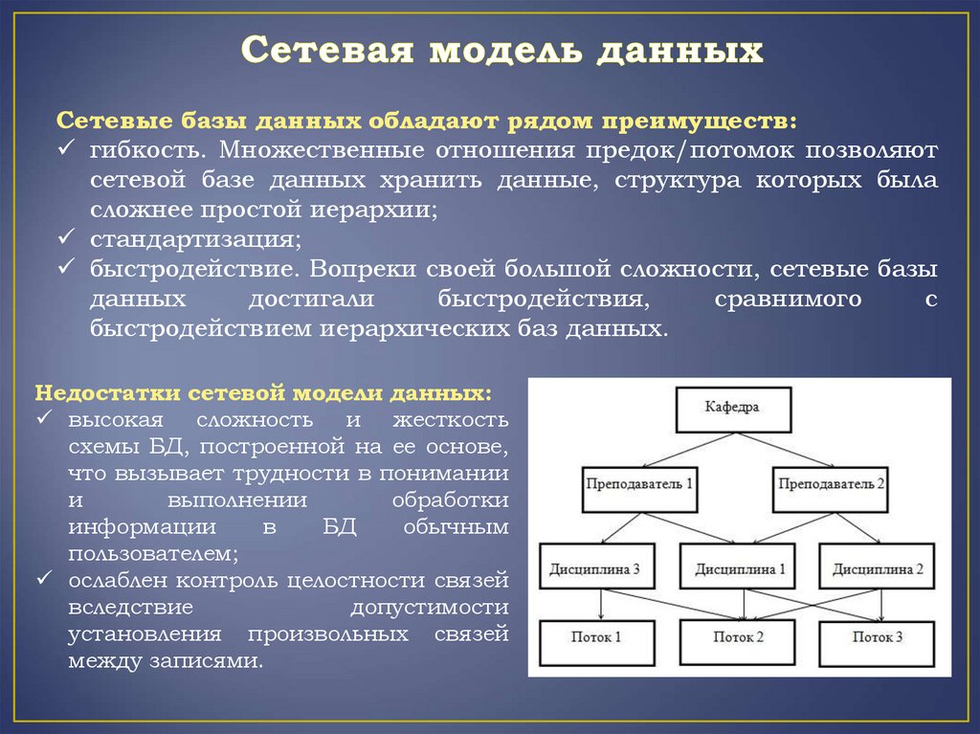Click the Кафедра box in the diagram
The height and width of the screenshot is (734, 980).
pos(734,408)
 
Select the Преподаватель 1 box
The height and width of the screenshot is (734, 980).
pos(639,486)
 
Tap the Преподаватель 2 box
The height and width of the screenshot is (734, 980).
pos(831,486)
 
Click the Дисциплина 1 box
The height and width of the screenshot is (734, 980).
pos(739,569)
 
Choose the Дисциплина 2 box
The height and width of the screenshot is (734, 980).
pos(877,569)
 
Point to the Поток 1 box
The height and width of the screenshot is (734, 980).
pos(597,637)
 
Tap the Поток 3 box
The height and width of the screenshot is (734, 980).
pos(878,637)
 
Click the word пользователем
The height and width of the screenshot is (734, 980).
pos(152,553)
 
